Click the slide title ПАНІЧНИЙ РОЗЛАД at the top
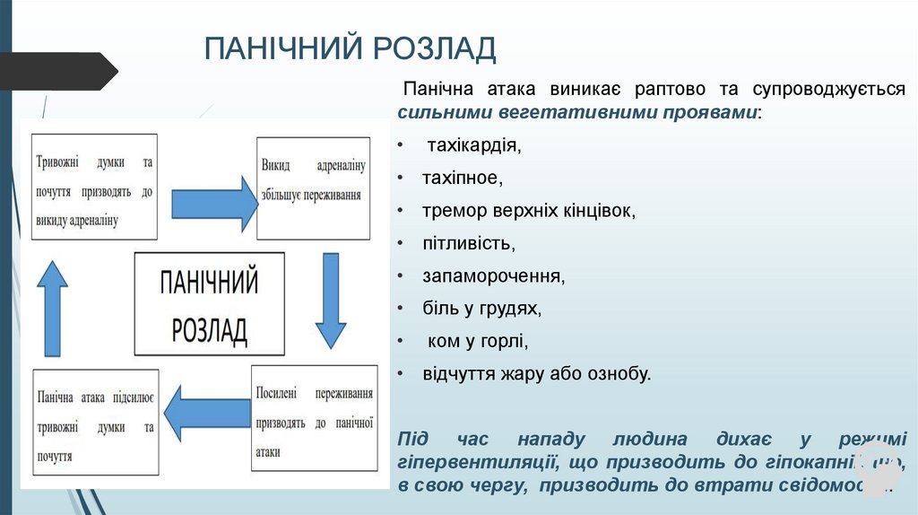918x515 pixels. click(x=350, y=48)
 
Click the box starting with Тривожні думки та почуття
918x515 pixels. click(x=94, y=187)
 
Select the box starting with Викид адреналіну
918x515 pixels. click(x=313, y=188)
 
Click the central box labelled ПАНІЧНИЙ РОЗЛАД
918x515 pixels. click(x=209, y=303)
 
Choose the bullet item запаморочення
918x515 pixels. click(x=494, y=275)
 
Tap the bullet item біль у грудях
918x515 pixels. click(x=482, y=309)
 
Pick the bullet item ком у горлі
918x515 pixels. click(x=478, y=341)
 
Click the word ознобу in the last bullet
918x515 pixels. click(x=619, y=373)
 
